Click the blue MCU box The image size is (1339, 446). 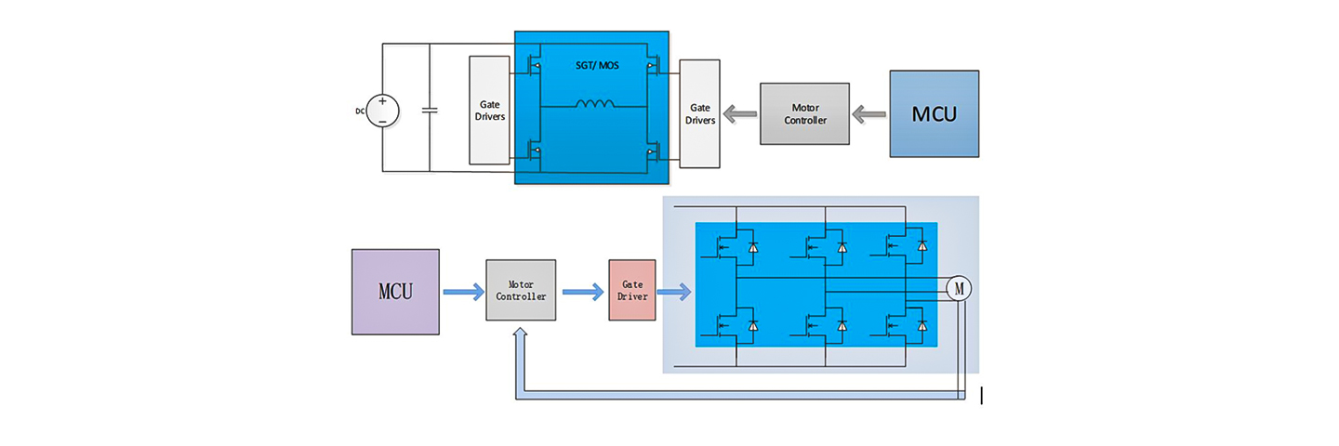tap(934, 113)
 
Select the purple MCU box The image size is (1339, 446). tap(395, 292)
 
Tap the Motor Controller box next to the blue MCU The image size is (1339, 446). tap(804, 113)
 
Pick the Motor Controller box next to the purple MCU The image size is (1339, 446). tap(521, 290)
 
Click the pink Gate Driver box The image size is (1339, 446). tap(632, 290)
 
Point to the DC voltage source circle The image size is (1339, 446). tap(382, 111)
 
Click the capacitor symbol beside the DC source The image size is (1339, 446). tap(430, 111)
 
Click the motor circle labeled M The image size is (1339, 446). tap(959, 288)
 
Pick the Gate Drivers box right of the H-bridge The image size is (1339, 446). tap(699, 113)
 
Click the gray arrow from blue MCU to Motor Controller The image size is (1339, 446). tap(870, 114)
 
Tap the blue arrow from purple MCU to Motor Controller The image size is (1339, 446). tap(462, 293)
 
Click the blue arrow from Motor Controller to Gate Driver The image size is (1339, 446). tap(582, 293)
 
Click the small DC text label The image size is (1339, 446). tap(360, 111)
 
